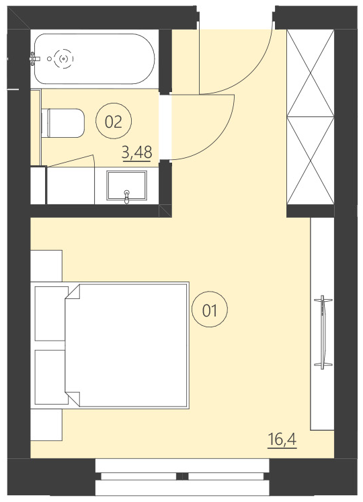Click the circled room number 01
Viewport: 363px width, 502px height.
pyautogui.click(x=210, y=310)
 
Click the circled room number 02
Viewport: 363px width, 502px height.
pyautogui.click(x=114, y=122)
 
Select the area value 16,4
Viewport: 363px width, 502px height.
pyautogui.click(x=282, y=440)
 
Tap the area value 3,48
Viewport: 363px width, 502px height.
pyautogui.click(x=136, y=153)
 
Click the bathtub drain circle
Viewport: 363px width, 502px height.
pyautogui.click(x=64, y=58)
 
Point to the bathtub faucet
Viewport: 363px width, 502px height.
pyautogui.click(x=34, y=59)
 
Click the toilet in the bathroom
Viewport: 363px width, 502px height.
pyautogui.click(x=63, y=122)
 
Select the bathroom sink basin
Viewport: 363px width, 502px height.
pyautogui.click(x=127, y=185)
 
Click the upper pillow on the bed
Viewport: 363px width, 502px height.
pyautogui.click(x=51, y=313)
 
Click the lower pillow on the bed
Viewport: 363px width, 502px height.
pyautogui.click(x=51, y=376)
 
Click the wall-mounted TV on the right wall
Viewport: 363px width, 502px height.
pyautogui.click(x=323, y=331)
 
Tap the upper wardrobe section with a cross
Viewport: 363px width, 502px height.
pyautogui.click(x=311, y=73)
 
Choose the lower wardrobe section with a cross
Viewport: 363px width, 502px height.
pyautogui.click(x=311, y=161)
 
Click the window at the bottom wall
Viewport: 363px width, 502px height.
pyautogui.click(x=182, y=476)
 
